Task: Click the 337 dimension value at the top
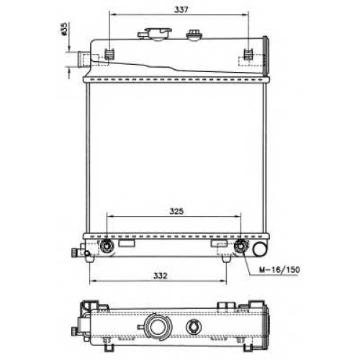181,9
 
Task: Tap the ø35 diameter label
63,29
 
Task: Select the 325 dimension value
176,211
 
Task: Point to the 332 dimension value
160,276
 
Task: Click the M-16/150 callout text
279,270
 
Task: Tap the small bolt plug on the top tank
194,35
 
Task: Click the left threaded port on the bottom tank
107,246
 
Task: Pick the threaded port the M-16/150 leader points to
240,246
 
